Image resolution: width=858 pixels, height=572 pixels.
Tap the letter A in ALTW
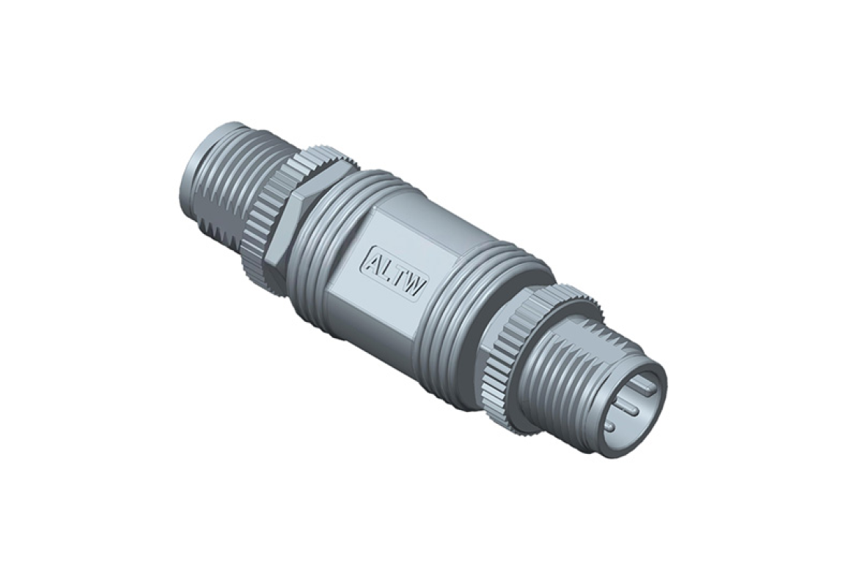pos(373,261)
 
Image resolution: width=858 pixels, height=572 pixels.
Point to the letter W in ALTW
pos(414,285)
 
